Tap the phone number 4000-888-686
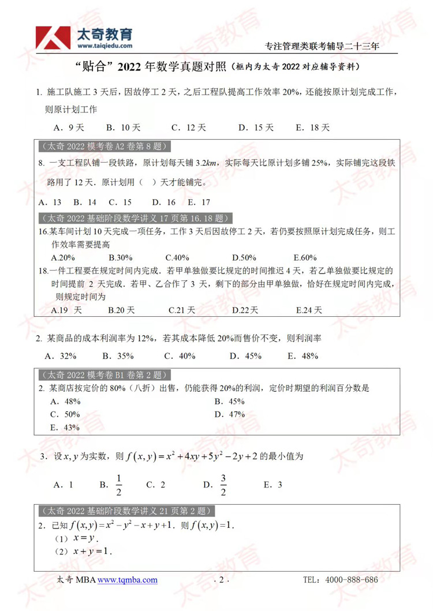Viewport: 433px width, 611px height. click(x=352, y=579)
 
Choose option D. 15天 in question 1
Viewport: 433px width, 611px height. click(x=256, y=128)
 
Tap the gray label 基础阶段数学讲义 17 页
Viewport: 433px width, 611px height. click(x=135, y=218)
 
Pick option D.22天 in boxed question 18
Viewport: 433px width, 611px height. click(x=245, y=310)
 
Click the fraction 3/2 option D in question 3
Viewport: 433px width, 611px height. click(x=216, y=485)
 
